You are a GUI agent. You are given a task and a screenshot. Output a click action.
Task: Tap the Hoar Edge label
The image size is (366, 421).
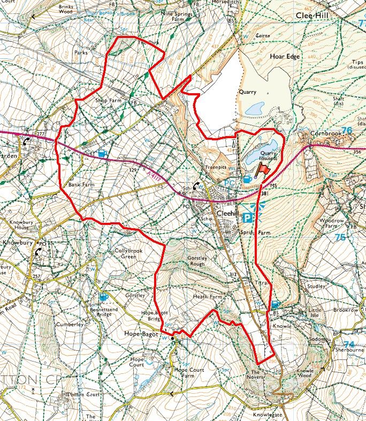click(286, 56)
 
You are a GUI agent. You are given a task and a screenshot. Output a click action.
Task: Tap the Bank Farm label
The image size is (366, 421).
click(81, 184)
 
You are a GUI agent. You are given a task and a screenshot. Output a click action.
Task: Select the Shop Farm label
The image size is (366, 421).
click(108, 100)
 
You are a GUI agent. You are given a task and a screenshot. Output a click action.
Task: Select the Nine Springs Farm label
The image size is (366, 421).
click(179, 16)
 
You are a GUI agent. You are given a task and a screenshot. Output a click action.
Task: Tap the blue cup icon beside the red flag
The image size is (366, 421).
click(247, 179)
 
